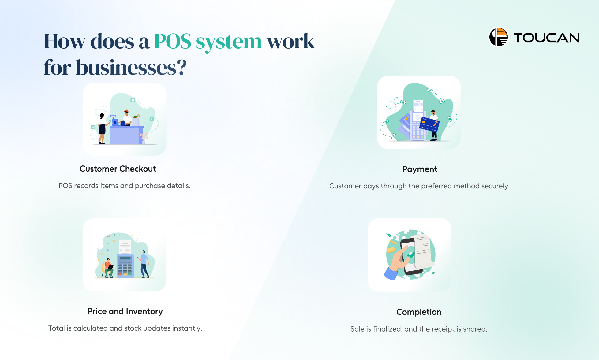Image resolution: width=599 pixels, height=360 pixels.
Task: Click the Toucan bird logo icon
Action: click(498, 37)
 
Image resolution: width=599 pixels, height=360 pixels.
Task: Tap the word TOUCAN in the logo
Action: click(546, 38)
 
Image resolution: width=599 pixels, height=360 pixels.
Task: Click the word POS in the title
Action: click(173, 41)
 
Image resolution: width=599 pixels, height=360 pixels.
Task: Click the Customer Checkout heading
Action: click(118, 169)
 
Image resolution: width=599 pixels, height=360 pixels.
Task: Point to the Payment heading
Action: click(420, 169)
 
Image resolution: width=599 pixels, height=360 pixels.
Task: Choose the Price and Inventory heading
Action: click(125, 311)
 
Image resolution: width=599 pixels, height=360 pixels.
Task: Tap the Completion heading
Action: click(419, 312)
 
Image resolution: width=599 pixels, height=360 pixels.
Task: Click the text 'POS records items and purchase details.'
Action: click(124, 186)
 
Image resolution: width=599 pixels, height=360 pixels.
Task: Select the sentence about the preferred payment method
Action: click(419, 186)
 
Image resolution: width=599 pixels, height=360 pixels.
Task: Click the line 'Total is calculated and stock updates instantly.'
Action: click(125, 328)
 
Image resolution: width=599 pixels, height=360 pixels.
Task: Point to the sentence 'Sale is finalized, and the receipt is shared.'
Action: click(419, 329)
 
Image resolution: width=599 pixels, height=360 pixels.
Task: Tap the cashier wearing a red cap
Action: click(127, 117)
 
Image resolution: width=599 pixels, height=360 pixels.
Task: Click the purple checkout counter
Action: click(126, 135)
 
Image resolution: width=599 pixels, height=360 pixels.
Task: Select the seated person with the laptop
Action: click(108, 268)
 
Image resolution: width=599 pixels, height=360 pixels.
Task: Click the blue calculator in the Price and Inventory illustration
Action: click(125, 265)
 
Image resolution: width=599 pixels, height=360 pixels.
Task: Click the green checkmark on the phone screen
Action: click(410, 255)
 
